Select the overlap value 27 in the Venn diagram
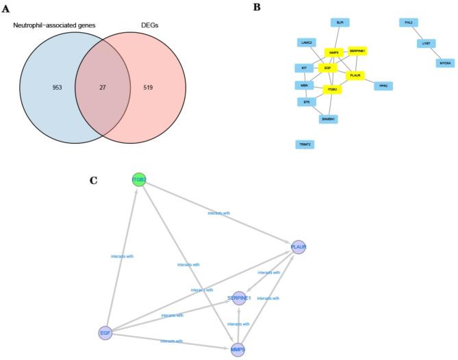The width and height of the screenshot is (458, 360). pos(103,88)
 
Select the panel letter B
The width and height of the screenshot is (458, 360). pos(256,7)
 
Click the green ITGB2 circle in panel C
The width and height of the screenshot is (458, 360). pos(140,180)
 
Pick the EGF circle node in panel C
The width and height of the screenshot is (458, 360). pos(105,333)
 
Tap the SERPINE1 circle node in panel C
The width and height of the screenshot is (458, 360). pos(239,298)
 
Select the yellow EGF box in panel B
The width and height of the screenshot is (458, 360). pos(327,68)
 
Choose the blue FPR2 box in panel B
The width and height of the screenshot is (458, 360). pos(383,86)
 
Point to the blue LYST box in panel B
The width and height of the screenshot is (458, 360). pos(426,43)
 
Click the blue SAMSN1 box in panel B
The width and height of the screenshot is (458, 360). pos(328,119)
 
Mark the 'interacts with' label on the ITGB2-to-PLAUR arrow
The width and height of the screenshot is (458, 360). pos(219,214)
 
